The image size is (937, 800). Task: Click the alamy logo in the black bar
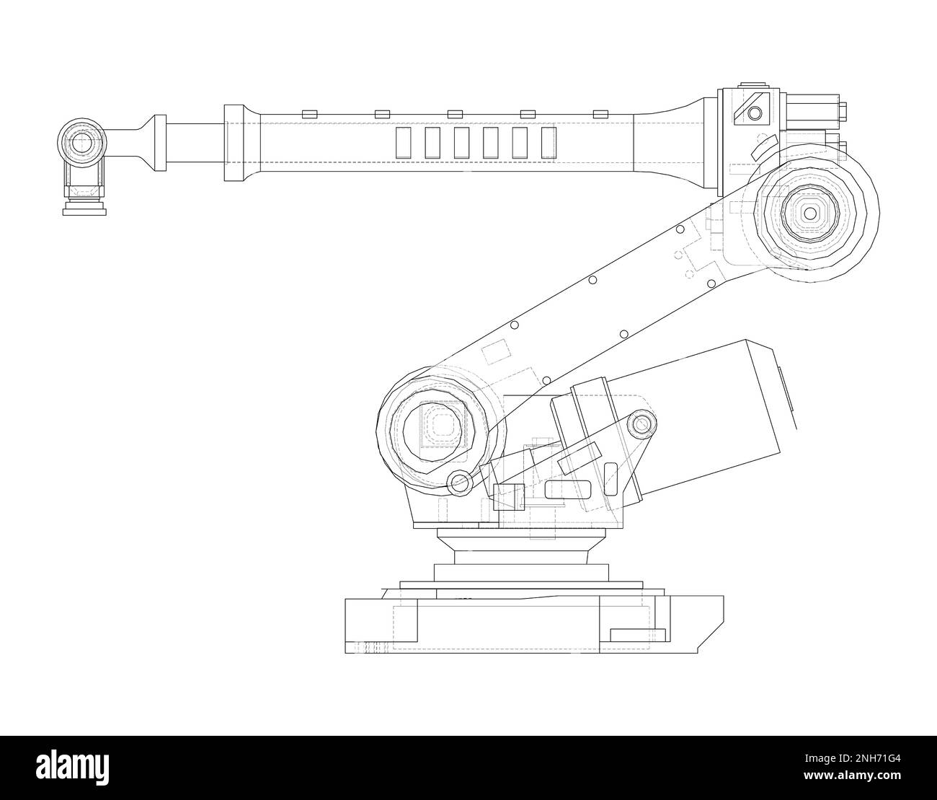point(73,768)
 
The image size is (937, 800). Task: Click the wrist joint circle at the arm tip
point(81,142)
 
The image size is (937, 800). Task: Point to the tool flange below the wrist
point(84,208)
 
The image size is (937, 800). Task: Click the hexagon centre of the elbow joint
point(810,214)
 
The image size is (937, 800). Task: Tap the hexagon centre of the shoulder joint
point(432,430)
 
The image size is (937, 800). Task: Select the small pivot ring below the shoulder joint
point(458,483)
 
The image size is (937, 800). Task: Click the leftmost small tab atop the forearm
point(310,113)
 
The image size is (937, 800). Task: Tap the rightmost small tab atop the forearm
point(600,113)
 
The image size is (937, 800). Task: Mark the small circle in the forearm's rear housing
point(755,113)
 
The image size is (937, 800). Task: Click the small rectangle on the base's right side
point(638,635)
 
